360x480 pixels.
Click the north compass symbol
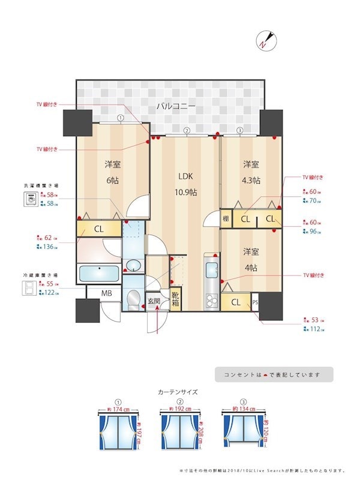(266, 40)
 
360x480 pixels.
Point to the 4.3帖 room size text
(251, 180)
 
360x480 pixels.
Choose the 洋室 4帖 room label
(251, 260)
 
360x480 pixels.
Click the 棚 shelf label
(226, 219)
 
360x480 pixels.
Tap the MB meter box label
(106, 293)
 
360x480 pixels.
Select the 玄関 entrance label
(154, 301)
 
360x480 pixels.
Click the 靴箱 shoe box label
(175, 298)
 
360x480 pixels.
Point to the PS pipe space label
(256, 302)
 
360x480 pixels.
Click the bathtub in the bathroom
(99, 274)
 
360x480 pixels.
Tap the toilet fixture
(134, 298)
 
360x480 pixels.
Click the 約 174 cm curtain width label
(118, 409)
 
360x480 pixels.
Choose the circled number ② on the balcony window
(187, 131)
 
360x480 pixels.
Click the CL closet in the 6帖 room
(99, 229)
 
